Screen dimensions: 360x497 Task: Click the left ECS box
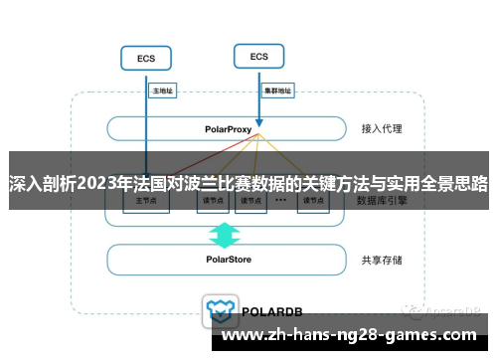tap(145, 59)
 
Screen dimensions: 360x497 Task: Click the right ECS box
tap(258, 57)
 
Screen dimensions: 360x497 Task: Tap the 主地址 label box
tap(162, 90)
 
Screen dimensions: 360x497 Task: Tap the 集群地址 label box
tap(277, 90)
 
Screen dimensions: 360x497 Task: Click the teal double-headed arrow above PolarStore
tap(225, 235)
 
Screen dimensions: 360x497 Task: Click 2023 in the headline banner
tap(93, 183)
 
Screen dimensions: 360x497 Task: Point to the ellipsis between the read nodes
tap(280, 200)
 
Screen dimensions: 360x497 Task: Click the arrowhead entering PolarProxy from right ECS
tap(258, 112)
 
